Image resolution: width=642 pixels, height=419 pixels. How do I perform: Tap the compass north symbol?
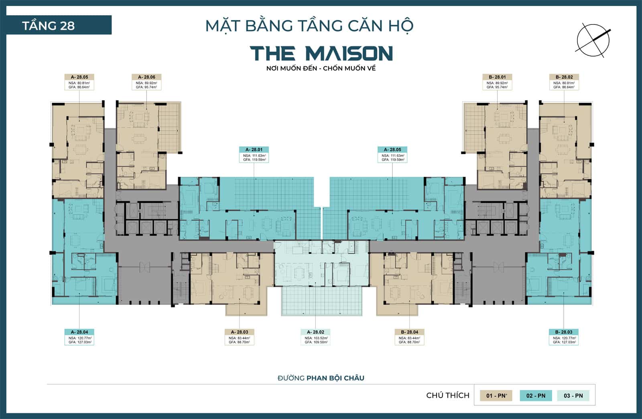[593, 40]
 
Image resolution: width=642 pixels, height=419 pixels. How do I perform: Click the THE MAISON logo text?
[321, 53]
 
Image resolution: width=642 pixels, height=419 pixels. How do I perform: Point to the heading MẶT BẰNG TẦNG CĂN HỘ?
[309, 26]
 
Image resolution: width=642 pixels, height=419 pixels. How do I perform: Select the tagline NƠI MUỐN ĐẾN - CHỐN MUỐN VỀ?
[321, 68]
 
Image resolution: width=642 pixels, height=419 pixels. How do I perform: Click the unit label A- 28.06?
[146, 77]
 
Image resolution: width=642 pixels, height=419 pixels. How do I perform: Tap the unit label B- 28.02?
[564, 77]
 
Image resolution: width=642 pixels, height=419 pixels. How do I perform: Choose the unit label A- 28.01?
[254, 150]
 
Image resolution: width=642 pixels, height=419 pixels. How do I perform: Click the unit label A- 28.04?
[79, 332]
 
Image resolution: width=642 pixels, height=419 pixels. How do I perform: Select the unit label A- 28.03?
[240, 332]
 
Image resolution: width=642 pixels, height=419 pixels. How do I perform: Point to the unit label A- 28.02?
[315, 332]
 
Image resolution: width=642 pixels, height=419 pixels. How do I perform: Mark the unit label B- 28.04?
[409, 332]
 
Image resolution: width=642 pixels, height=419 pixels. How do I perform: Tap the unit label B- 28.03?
[563, 332]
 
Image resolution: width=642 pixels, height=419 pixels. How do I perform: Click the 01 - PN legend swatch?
[496, 396]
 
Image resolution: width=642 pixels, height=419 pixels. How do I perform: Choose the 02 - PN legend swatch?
[536, 396]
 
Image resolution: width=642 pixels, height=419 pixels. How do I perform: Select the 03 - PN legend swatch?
[573, 396]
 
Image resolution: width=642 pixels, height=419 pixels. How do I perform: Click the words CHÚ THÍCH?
[448, 395]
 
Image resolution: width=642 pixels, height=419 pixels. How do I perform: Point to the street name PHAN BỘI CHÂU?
[335, 378]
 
